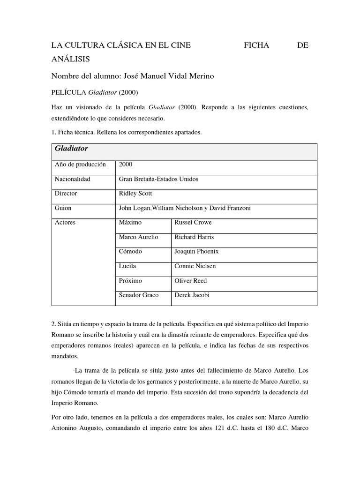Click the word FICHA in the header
point(257,45)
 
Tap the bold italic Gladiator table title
point(71,149)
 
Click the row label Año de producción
point(80,165)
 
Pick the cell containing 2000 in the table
point(126,165)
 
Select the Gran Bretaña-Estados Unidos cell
point(155,179)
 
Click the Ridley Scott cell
point(135,193)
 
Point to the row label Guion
point(63,208)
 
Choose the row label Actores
point(65,223)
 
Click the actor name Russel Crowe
point(193,223)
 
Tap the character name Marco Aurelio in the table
point(139,237)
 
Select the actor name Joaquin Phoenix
point(196,251)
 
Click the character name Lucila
point(127,266)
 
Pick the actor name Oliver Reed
point(190,280)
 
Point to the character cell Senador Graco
point(139,295)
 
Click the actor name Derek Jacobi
point(193,295)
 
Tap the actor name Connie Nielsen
point(195,266)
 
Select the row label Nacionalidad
point(72,179)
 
